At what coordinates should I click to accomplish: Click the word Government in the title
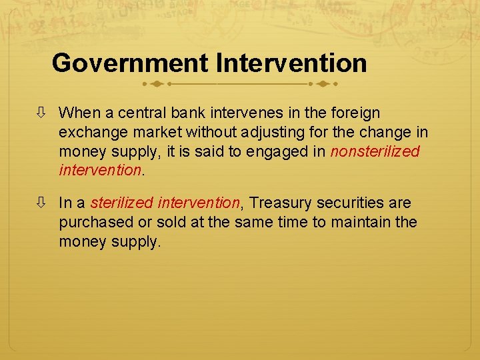point(130,63)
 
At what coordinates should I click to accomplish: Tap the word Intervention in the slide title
point(291,63)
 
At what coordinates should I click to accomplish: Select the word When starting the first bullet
point(78,113)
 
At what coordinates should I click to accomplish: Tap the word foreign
point(355,113)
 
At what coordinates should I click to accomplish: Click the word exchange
point(92,133)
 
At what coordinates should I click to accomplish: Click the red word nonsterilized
point(375,151)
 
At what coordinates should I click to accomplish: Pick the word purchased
point(92,222)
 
